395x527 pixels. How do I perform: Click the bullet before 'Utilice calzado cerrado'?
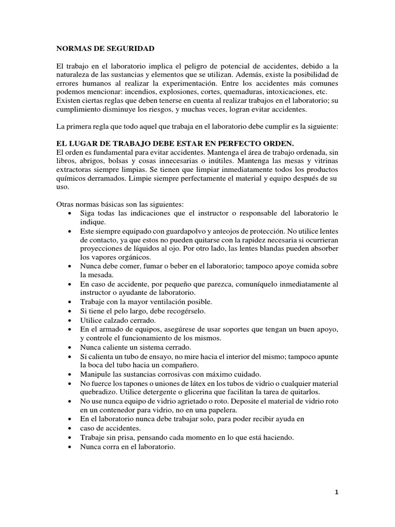pyautogui.click(x=70, y=320)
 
